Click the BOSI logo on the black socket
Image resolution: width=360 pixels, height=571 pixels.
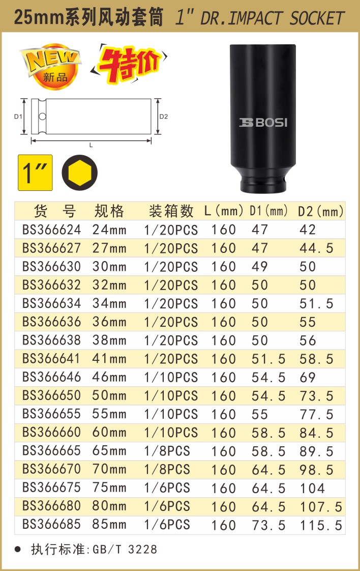pyautogui.click(x=263, y=122)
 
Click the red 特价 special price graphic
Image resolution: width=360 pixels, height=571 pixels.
pyautogui.click(x=129, y=64)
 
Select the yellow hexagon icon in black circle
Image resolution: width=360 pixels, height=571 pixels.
pyautogui.click(x=80, y=173)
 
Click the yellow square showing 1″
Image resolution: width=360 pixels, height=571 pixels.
pyautogui.click(x=35, y=173)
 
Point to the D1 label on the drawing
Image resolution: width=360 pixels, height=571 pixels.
pyautogui.click(x=18, y=117)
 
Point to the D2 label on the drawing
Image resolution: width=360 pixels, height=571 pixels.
pyautogui.click(x=163, y=117)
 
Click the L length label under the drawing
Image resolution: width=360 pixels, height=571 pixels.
pyautogui.click(x=91, y=145)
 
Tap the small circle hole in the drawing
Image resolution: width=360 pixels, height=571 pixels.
pyautogui.click(x=42, y=117)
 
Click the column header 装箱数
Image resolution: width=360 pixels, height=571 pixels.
pyautogui.click(x=171, y=211)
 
